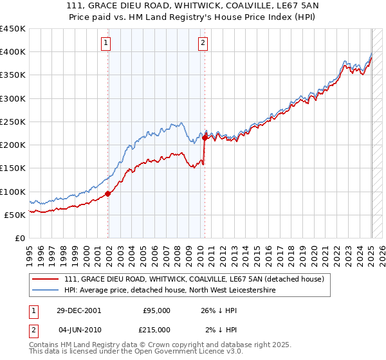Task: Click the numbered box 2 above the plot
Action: pyautogui.click(x=203, y=43)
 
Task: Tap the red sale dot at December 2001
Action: pyautogui.click(x=108, y=194)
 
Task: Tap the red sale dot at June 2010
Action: pyautogui.click(x=205, y=138)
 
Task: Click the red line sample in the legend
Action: pyautogui.click(x=45, y=278)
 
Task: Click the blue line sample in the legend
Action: pyautogui.click(x=45, y=290)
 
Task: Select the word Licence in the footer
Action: pyautogui.click(x=192, y=352)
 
